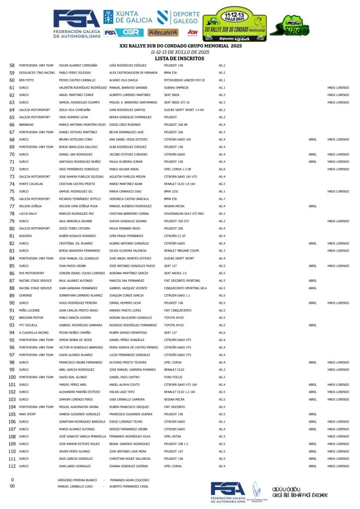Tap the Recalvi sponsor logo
[163, 33]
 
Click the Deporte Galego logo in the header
[179, 18]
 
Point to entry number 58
[12, 65]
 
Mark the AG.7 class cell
[222, 199]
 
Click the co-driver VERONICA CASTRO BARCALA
[130, 199]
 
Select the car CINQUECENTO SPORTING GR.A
[185, 288]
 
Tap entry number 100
[12, 377]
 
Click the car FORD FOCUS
[174, 377]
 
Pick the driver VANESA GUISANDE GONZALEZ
[80, 414]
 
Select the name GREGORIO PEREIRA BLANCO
[77, 480]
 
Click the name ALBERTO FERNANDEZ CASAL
[129, 487]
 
